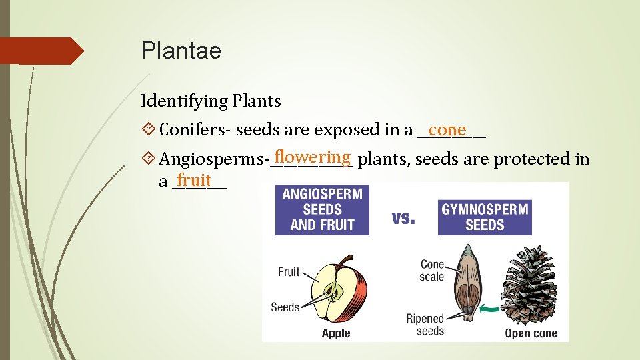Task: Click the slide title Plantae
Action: coord(181,51)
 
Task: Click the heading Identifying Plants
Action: coord(211,101)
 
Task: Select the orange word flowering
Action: coord(312,157)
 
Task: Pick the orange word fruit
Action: coord(195,180)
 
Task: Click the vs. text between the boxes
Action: coord(403,218)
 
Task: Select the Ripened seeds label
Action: coord(425,324)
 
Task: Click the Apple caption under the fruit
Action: coord(336,333)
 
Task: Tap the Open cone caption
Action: coord(531,333)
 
